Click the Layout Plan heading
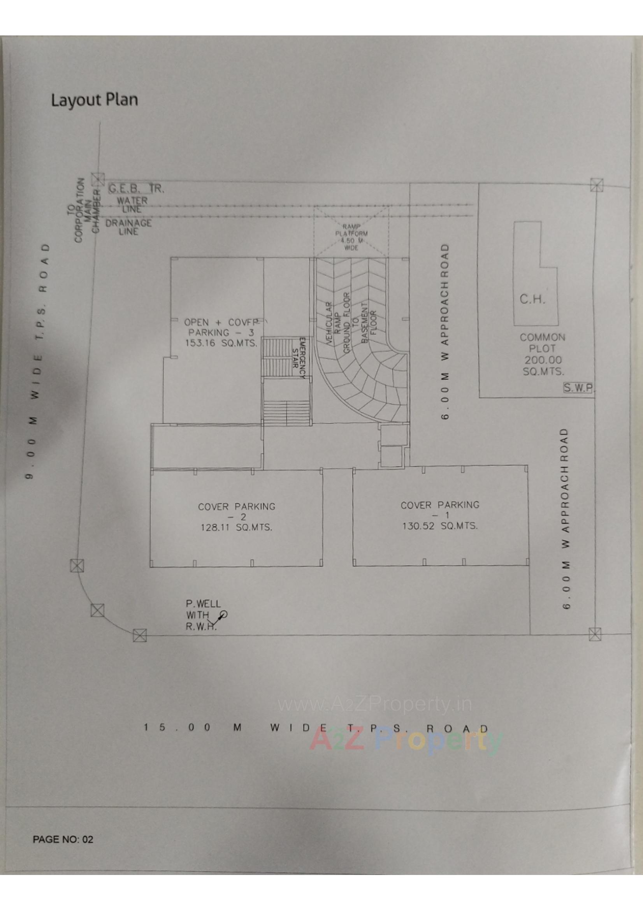pos(94,100)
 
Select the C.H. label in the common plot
pos(532,299)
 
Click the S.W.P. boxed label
pos(578,388)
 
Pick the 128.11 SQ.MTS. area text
pos(236,527)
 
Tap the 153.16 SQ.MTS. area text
pos(221,343)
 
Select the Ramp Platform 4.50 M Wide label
pos(351,237)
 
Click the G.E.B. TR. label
pos(136,189)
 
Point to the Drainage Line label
pos(128,227)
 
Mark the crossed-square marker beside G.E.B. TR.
pos(98,179)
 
